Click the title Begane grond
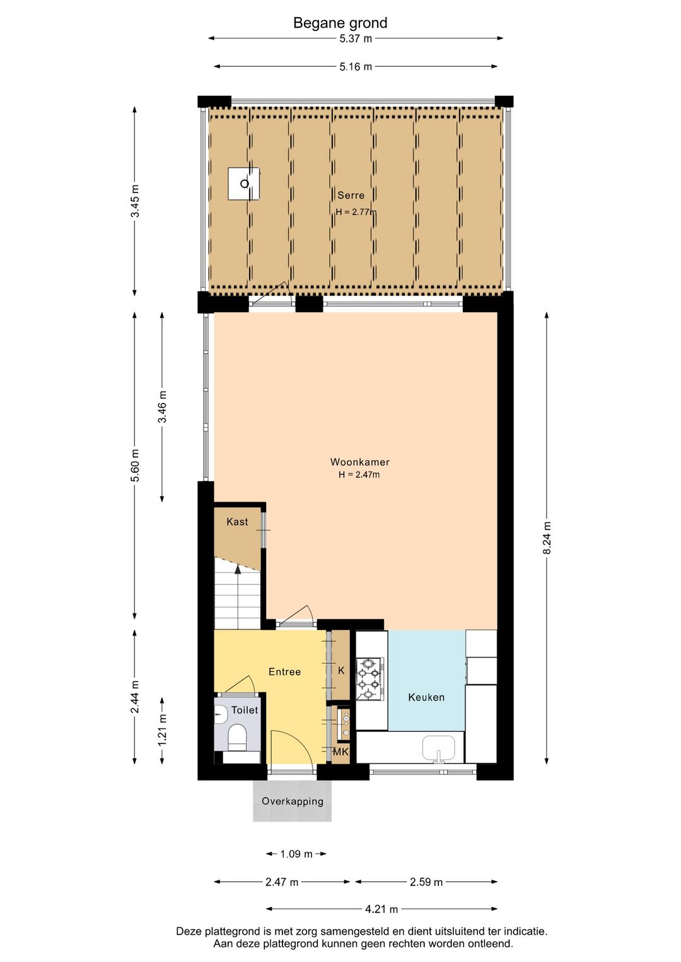point(340,23)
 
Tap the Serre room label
point(351,195)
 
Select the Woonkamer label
point(359,462)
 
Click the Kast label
point(237,522)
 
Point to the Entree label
point(284,671)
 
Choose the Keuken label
point(426,697)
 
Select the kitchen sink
point(438,749)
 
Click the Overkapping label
point(292,801)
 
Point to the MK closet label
point(340,752)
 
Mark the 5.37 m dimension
point(356,38)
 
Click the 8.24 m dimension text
point(547,538)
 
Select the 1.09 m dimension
point(296,854)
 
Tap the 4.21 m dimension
point(381,909)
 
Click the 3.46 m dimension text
point(162,407)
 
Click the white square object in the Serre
point(243,183)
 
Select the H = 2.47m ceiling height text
point(359,475)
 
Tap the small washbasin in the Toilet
point(221,714)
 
